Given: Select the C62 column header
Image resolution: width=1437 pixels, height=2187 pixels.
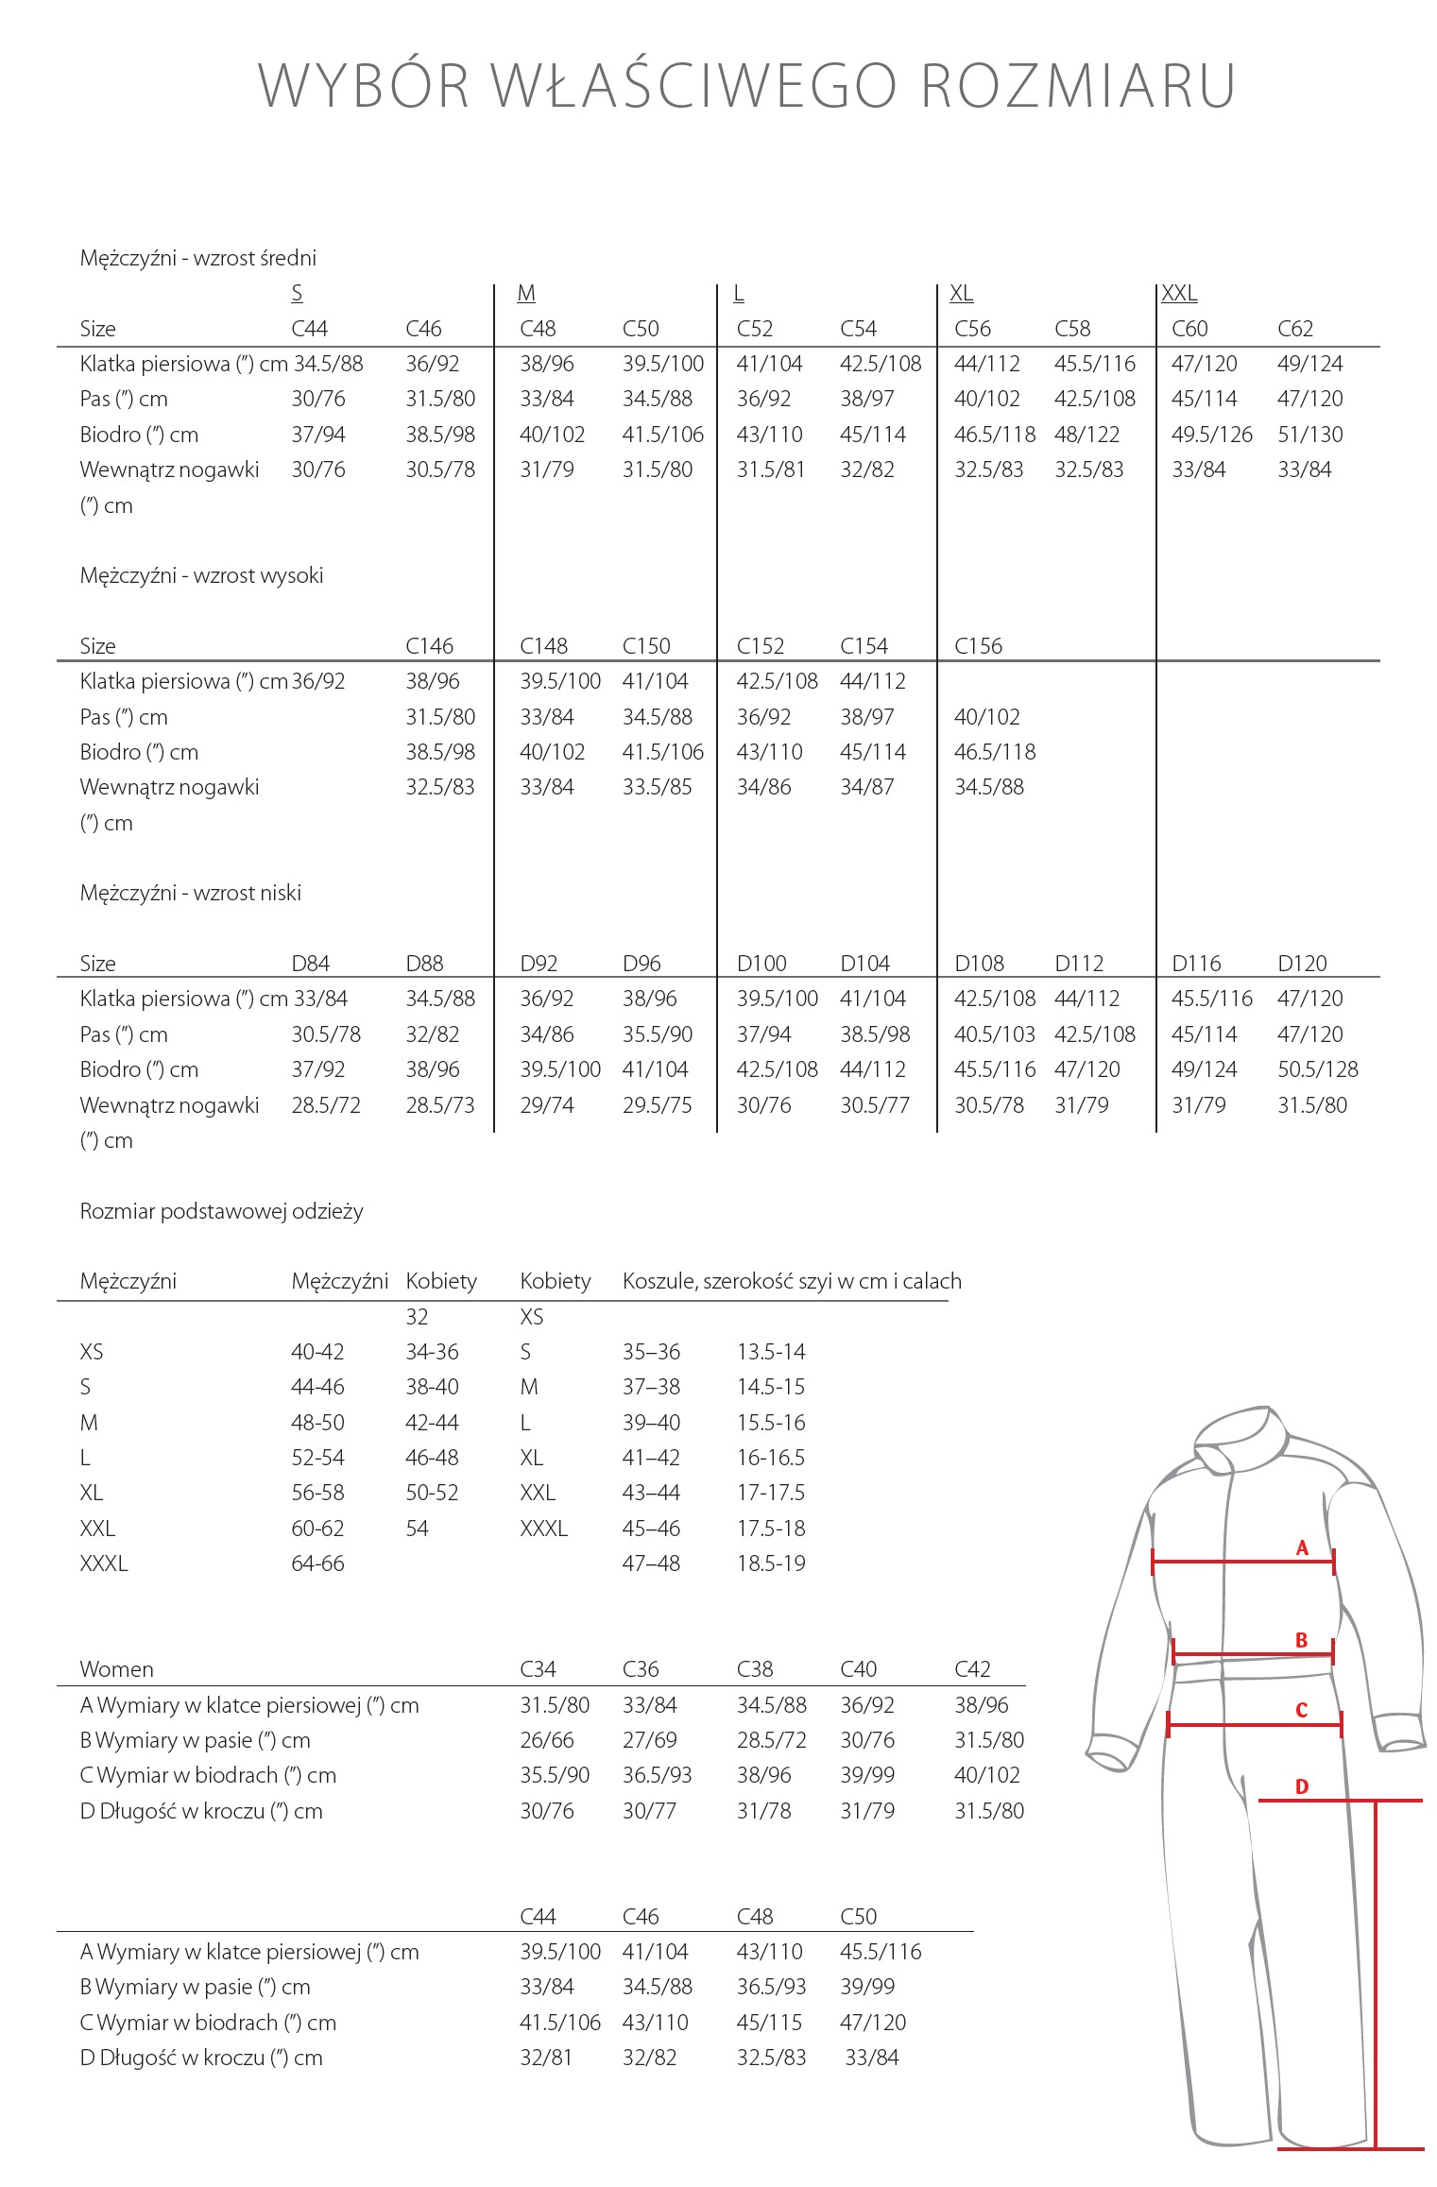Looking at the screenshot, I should coord(1295,329).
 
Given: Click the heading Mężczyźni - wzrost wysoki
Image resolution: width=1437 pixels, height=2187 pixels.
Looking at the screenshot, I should coord(201,575).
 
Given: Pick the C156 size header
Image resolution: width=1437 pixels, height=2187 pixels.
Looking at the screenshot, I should coord(978,646).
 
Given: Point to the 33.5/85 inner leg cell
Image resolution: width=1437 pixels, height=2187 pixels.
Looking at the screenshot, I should coord(657,787).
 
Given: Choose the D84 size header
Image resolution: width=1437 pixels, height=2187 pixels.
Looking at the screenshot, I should coord(310,964).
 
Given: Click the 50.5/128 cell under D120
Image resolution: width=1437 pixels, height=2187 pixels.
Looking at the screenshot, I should coord(1318,1069).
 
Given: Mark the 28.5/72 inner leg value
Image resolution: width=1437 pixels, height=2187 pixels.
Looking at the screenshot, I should coord(326,1105).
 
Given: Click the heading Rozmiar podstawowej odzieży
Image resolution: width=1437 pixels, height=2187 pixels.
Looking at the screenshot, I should coord(221,1211).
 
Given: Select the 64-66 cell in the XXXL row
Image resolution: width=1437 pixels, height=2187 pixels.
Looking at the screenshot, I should coord(317,1563).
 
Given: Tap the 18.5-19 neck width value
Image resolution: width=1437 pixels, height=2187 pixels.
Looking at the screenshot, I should coord(771,1563).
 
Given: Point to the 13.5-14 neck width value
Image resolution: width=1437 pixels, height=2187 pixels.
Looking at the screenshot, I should coord(771,1352).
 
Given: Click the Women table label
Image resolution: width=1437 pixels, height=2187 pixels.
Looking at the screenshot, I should coord(116,1669).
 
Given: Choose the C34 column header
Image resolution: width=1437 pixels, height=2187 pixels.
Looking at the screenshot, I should coord(538,1669).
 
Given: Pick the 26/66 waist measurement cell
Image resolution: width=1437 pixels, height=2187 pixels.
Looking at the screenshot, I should coord(547,1740).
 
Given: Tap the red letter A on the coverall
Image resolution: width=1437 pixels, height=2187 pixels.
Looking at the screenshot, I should coord(1302,1547).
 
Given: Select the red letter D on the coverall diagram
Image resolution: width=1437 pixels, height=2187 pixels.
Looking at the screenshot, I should coord(1302,1786).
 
